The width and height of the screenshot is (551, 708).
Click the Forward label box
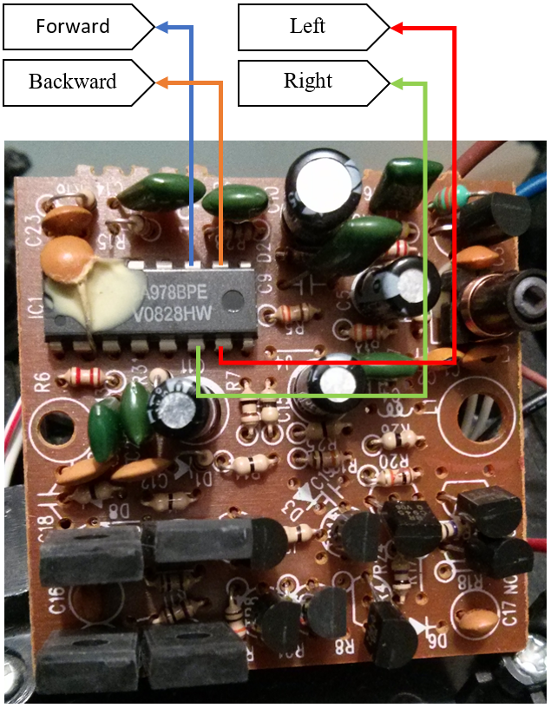click(x=73, y=27)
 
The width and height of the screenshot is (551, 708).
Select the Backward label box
click(x=73, y=82)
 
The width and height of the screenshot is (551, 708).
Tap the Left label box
click(x=308, y=27)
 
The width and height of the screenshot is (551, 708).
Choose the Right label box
click(x=308, y=82)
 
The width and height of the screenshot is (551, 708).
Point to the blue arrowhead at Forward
click(x=161, y=27)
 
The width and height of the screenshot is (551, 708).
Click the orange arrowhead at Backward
click(x=161, y=82)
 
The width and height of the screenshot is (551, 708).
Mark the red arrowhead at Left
click(x=397, y=28)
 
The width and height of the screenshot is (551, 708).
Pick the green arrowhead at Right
click(x=397, y=83)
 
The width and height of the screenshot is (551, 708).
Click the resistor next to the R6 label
click(x=85, y=377)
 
